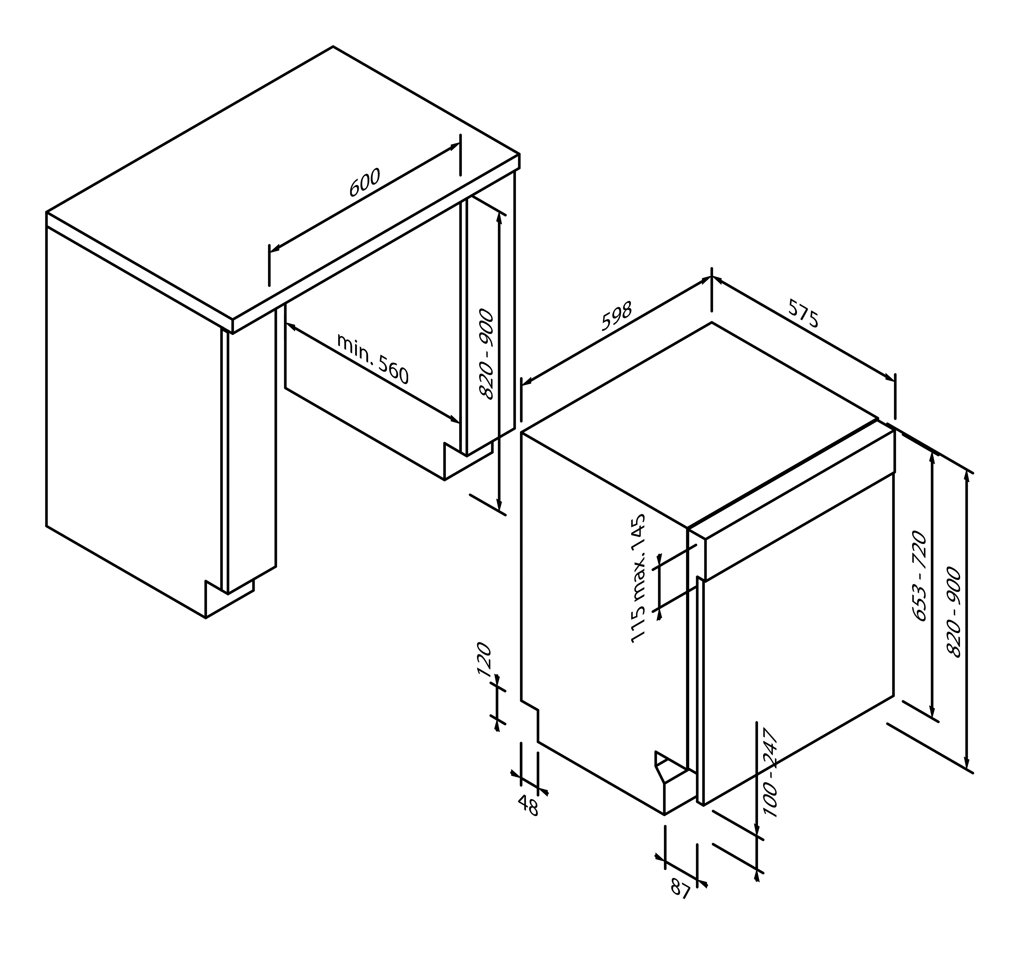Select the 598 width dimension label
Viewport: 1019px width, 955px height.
pos(617,316)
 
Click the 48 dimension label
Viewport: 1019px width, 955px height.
pos(529,805)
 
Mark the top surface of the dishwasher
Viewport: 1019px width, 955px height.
pos(700,425)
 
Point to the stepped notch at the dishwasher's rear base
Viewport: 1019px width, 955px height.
pos(530,721)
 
